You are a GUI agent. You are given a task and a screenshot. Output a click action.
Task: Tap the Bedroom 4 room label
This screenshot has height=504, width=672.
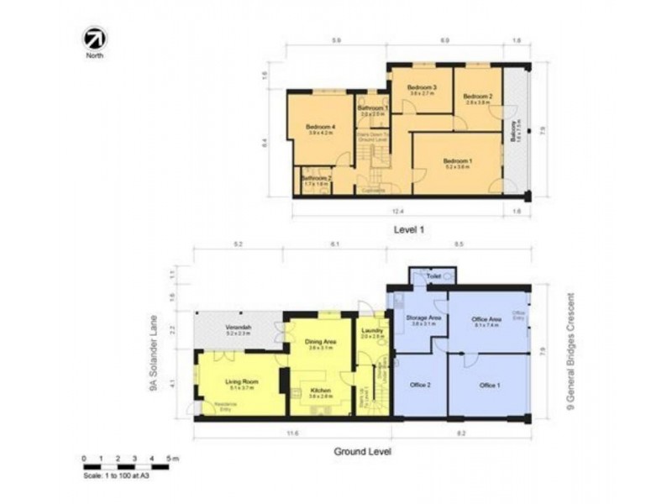(322, 127)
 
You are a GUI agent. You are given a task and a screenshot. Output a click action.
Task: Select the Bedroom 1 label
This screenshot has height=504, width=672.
(458, 161)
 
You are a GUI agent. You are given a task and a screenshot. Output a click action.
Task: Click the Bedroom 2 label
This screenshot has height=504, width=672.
(478, 97)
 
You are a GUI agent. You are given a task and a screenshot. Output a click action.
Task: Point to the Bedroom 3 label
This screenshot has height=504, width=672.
(420, 87)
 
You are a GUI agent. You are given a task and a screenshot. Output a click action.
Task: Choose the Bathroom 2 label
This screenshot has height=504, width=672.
(317, 178)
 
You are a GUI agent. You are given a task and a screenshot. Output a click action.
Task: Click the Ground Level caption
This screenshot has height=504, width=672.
(362, 450)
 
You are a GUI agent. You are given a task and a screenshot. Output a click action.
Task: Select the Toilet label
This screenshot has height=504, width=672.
(433, 275)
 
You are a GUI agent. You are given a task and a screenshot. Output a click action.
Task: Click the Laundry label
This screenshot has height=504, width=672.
(370, 331)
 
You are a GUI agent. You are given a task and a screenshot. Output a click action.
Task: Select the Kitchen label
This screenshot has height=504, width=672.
(320, 391)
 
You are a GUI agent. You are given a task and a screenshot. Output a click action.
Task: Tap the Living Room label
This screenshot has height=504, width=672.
(241, 381)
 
